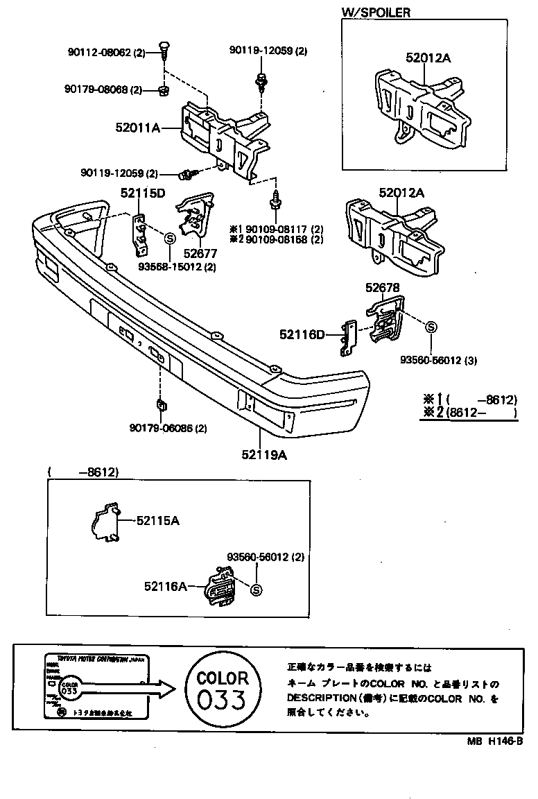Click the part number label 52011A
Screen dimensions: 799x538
click(x=138, y=128)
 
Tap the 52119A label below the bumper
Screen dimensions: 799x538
click(x=264, y=455)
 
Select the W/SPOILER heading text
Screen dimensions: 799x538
click(x=376, y=12)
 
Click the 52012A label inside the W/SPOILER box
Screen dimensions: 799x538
click(x=428, y=58)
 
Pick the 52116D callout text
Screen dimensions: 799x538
click(x=302, y=335)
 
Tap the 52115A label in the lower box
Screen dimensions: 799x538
click(x=157, y=520)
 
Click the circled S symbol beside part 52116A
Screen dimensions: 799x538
click(x=255, y=590)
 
